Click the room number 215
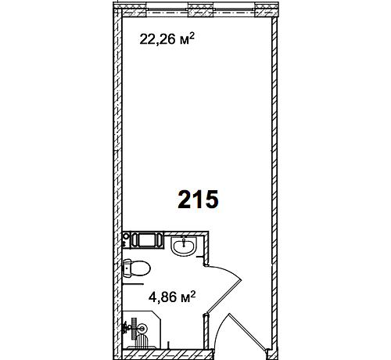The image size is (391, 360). click(198, 199)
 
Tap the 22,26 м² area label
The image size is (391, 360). click(167, 39)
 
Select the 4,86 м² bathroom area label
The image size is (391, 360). click(172, 297)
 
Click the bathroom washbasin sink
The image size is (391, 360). click(184, 246)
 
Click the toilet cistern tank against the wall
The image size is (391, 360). click(127, 268)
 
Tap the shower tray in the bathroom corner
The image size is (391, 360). click(142, 329)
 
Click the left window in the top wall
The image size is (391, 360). click(167, 9)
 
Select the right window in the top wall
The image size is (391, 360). click(234, 9)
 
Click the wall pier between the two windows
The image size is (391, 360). click(201, 9)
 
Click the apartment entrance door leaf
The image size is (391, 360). click(248, 332)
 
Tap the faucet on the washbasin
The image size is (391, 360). click(185, 242)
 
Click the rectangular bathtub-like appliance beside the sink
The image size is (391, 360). click(147, 240)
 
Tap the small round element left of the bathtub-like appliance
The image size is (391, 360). click(126, 236)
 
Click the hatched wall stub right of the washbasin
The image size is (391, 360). click(206, 248)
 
